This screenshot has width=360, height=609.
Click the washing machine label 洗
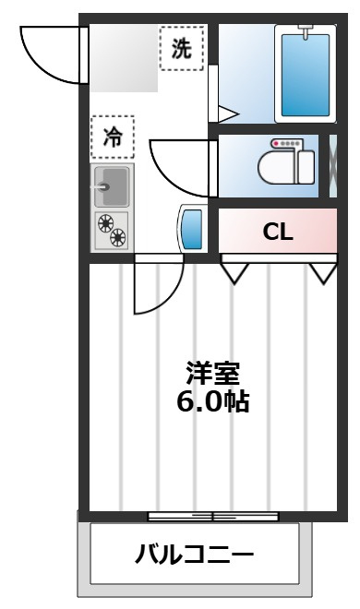coord(181,49)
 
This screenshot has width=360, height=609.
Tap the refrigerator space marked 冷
coord(113,137)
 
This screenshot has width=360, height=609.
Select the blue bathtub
coord(306,75)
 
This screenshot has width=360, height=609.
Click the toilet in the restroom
coord(286,162)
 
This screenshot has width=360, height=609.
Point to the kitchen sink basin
coord(111,186)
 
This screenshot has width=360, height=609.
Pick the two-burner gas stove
coord(113,231)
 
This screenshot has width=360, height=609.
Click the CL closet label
coord(278,232)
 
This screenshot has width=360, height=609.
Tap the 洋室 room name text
coord(212,373)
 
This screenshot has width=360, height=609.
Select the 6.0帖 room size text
coord(213,401)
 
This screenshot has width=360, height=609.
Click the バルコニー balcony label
coord(194,554)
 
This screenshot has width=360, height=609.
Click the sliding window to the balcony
coord(213,517)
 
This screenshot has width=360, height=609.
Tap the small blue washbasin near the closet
coord(192,229)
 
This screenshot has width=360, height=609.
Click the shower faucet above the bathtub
coord(306,31)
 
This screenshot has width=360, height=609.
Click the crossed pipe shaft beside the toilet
coord(333,166)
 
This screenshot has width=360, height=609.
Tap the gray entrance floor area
coord(124,58)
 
